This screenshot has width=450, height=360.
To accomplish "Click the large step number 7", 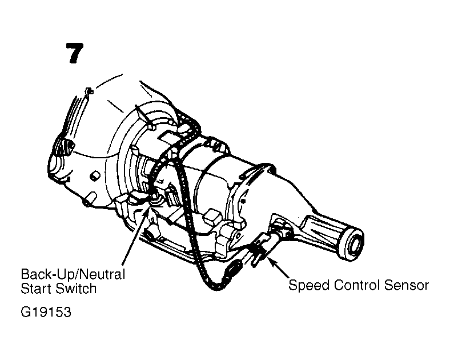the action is point(74,53).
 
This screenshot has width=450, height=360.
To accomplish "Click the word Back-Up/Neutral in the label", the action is point(73,274).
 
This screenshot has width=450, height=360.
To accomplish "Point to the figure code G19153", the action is point(46,312).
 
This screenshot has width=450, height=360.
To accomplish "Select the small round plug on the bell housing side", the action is point(95,175).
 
